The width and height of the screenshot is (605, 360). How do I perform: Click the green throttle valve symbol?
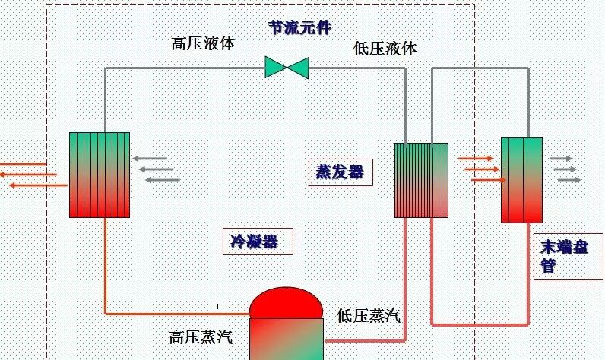click(x=287, y=67)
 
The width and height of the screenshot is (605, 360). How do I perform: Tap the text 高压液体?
click(x=203, y=43)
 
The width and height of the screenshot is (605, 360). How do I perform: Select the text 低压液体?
click(x=385, y=49)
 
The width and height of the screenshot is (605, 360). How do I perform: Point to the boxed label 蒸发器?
click(x=340, y=172)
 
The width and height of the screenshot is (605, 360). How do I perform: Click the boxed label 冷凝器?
click(x=255, y=242)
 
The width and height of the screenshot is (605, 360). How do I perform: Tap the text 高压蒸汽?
click(x=201, y=336)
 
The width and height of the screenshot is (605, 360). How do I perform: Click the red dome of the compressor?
click(x=288, y=302)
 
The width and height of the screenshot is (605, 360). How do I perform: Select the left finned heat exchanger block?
click(x=99, y=175)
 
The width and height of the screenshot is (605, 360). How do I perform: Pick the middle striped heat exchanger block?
click(x=421, y=180)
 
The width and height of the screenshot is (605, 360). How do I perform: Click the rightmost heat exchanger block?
click(x=521, y=180)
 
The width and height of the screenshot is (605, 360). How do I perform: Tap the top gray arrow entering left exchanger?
click(x=155, y=159)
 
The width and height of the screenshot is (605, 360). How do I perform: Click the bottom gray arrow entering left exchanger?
click(x=162, y=180)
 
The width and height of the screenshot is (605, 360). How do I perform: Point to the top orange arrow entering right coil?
click(x=476, y=159)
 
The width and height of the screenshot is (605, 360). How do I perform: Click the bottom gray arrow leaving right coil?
click(x=569, y=180)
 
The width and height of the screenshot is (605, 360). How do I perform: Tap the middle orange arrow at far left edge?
click(x=28, y=174)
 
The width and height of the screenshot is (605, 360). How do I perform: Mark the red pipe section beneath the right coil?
click(x=480, y=322)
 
